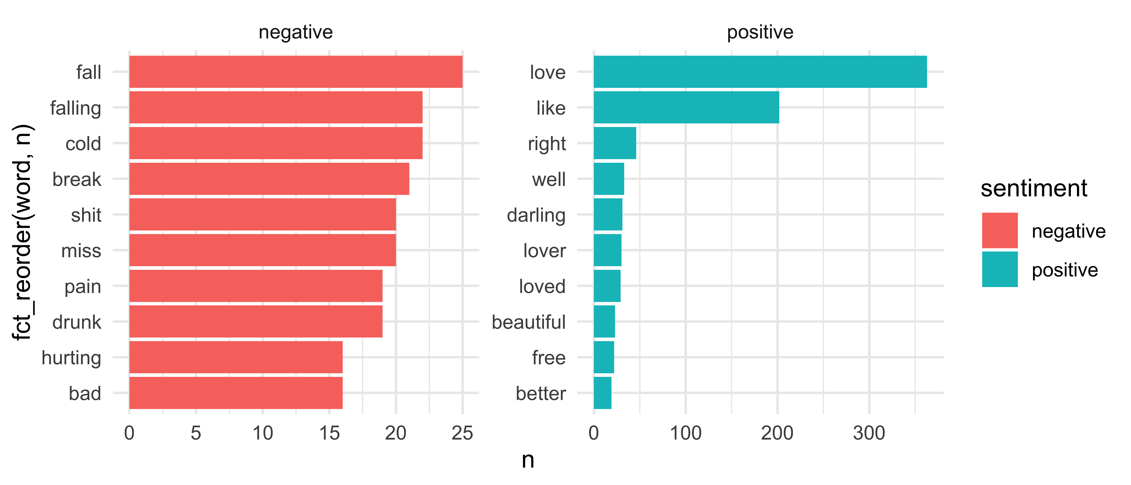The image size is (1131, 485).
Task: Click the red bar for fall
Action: (295, 72)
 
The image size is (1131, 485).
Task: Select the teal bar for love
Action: (760, 72)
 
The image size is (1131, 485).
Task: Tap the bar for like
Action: (686, 107)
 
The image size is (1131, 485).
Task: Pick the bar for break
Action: (269, 179)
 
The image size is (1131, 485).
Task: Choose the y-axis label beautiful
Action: (529, 322)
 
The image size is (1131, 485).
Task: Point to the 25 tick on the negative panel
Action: (462, 433)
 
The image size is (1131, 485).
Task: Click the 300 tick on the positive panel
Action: (869, 433)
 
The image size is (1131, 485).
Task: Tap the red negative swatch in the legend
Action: (1000, 230)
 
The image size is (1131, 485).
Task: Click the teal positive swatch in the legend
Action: (1000, 269)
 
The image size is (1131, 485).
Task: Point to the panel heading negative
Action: (295, 32)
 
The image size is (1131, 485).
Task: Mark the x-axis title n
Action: (528, 460)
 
